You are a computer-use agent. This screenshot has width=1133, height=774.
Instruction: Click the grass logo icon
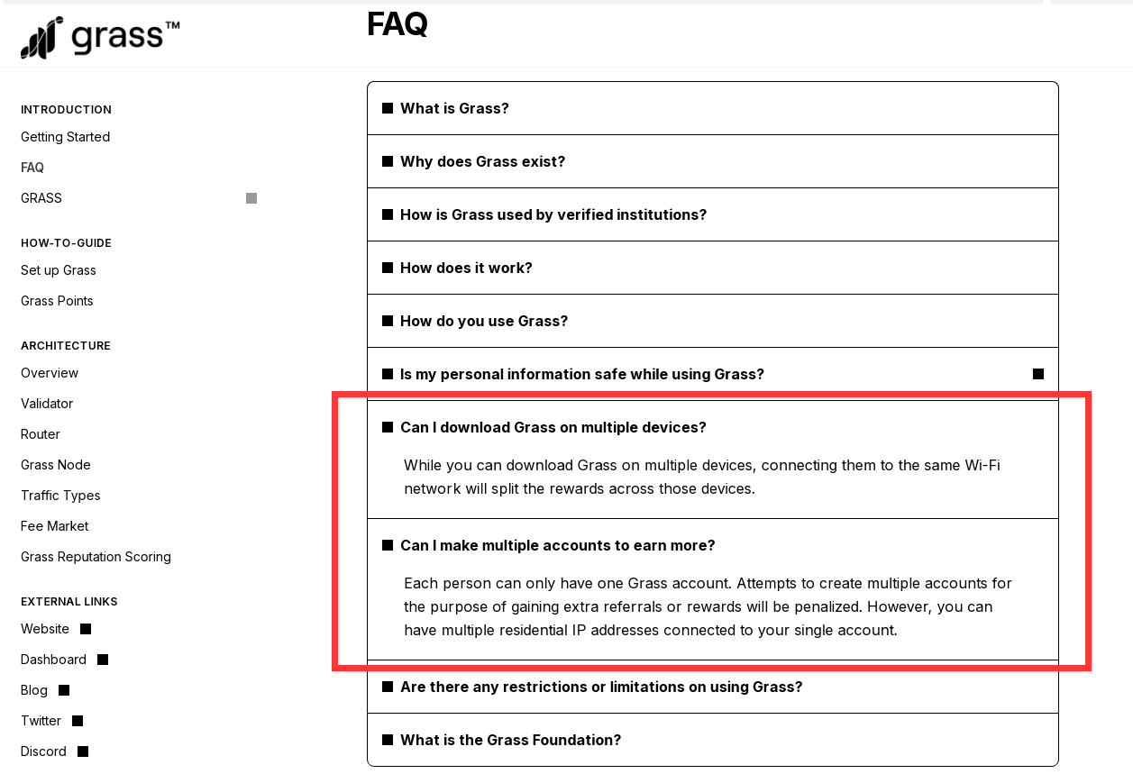pyautogui.click(x=41, y=38)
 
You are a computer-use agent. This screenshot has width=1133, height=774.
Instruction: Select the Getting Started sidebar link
pyautogui.click(x=65, y=137)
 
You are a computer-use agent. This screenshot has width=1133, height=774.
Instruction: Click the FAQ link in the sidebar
pyautogui.click(x=32, y=168)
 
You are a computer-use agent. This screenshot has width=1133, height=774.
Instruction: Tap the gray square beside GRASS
pyautogui.click(x=251, y=198)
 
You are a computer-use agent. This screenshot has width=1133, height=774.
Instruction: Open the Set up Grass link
pyautogui.click(x=59, y=270)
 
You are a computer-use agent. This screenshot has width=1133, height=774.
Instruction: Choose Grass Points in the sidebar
pyautogui.click(x=57, y=301)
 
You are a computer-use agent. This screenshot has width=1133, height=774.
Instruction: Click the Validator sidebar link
pyautogui.click(x=47, y=404)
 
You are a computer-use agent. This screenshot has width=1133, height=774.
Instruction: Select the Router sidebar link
pyautogui.click(x=41, y=434)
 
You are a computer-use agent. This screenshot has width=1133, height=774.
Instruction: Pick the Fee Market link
pyautogui.click(x=55, y=526)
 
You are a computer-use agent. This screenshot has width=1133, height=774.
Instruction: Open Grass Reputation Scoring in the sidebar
pyautogui.click(x=96, y=557)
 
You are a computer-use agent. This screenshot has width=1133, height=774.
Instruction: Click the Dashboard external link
pyautogui.click(x=54, y=660)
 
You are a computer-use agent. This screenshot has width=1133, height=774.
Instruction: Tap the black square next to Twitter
pyautogui.click(x=78, y=721)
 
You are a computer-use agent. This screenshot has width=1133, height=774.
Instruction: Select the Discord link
pyautogui.click(x=44, y=751)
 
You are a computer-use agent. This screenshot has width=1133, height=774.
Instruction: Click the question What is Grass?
pyautogui.click(x=454, y=108)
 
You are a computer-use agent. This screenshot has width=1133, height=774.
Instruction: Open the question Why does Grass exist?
pyautogui.click(x=482, y=161)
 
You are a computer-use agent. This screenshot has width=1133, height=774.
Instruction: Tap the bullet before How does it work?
pyautogui.click(x=388, y=268)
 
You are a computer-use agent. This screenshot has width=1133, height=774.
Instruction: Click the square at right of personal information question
pyautogui.click(x=1038, y=374)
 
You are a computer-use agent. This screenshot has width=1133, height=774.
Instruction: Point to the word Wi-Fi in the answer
pyautogui.click(x=982, y=465)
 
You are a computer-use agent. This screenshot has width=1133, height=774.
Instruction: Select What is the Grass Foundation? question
pyautogui.click(x=510, y=740)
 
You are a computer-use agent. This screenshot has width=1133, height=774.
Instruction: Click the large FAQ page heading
pyautogui.click(x=397, y=24)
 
